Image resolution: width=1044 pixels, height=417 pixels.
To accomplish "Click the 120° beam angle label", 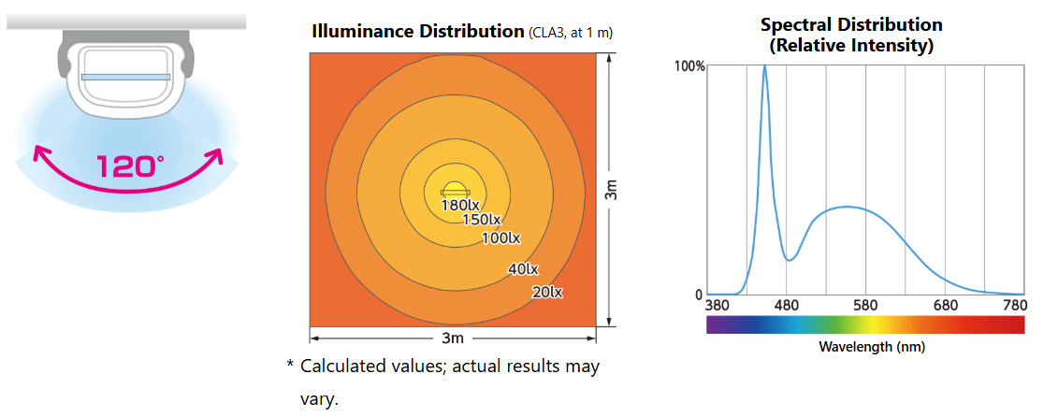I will [130, 166].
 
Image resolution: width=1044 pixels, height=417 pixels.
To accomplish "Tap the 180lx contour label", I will [460, 204].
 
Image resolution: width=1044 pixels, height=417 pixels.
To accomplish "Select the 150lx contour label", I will [482, 220].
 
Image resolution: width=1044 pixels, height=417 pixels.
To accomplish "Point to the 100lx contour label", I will [500, 238].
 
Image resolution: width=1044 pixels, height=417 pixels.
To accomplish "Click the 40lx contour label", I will [523, 269].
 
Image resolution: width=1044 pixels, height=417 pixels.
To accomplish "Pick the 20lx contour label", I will [546, 292].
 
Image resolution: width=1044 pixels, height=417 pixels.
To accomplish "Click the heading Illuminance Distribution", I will [417, 31].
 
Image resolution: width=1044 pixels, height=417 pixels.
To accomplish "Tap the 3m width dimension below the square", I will [453, 337].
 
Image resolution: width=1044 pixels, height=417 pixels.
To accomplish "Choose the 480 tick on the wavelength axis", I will [786, 306].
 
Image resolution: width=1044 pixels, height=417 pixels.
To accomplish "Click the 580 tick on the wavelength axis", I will [865, 306].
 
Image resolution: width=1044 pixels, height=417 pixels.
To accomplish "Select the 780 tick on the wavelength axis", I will [1013, 306].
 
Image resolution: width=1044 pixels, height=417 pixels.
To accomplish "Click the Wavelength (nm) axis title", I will [865, 347].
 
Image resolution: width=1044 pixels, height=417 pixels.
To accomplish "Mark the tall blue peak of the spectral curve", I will [765, 67].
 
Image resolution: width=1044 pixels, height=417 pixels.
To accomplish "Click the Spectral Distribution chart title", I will [850, 35].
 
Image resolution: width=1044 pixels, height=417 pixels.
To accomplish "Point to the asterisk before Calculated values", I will [290, 366].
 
